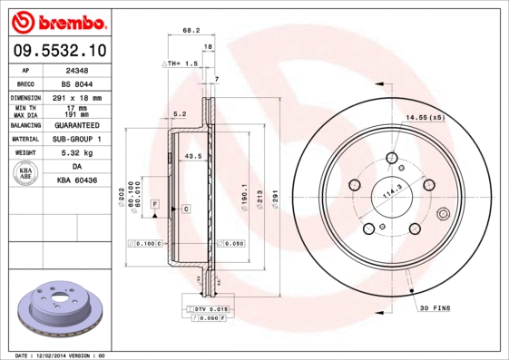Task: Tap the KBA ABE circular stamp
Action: coord(25,173)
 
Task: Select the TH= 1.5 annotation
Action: coord(180,63)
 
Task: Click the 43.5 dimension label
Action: coord(193,157)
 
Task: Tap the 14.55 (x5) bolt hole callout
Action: coord(425,118)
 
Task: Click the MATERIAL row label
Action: coord(25,139)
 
